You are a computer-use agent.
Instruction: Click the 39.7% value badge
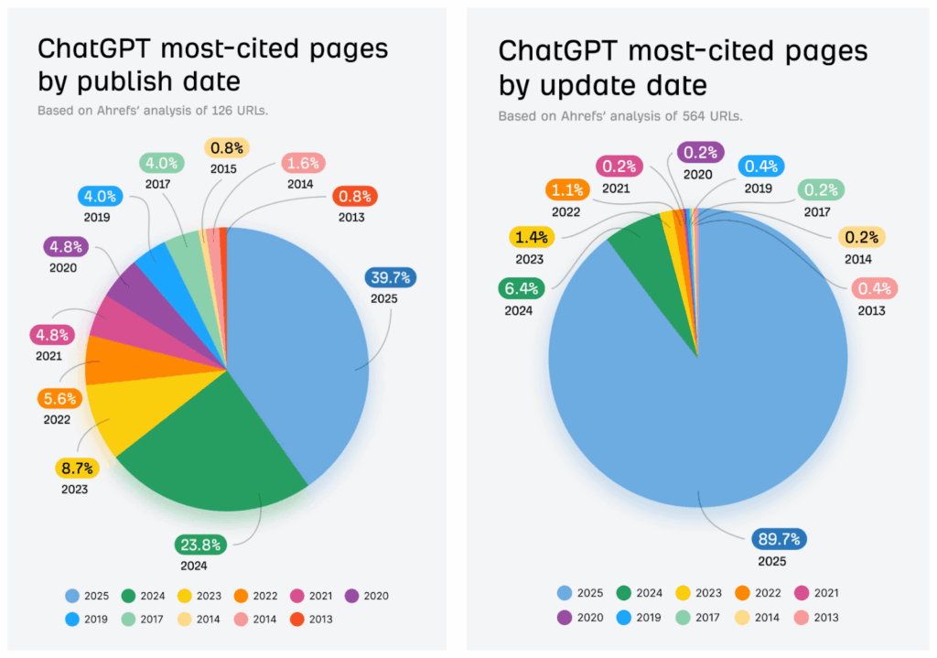[389, 277]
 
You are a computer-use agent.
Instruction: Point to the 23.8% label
[199, 545]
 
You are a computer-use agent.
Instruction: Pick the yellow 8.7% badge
[74, 469]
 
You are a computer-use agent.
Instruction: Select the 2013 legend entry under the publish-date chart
[308, 620]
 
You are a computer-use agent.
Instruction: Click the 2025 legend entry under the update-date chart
[579, 592]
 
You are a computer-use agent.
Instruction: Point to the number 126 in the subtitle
[202, 111]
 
